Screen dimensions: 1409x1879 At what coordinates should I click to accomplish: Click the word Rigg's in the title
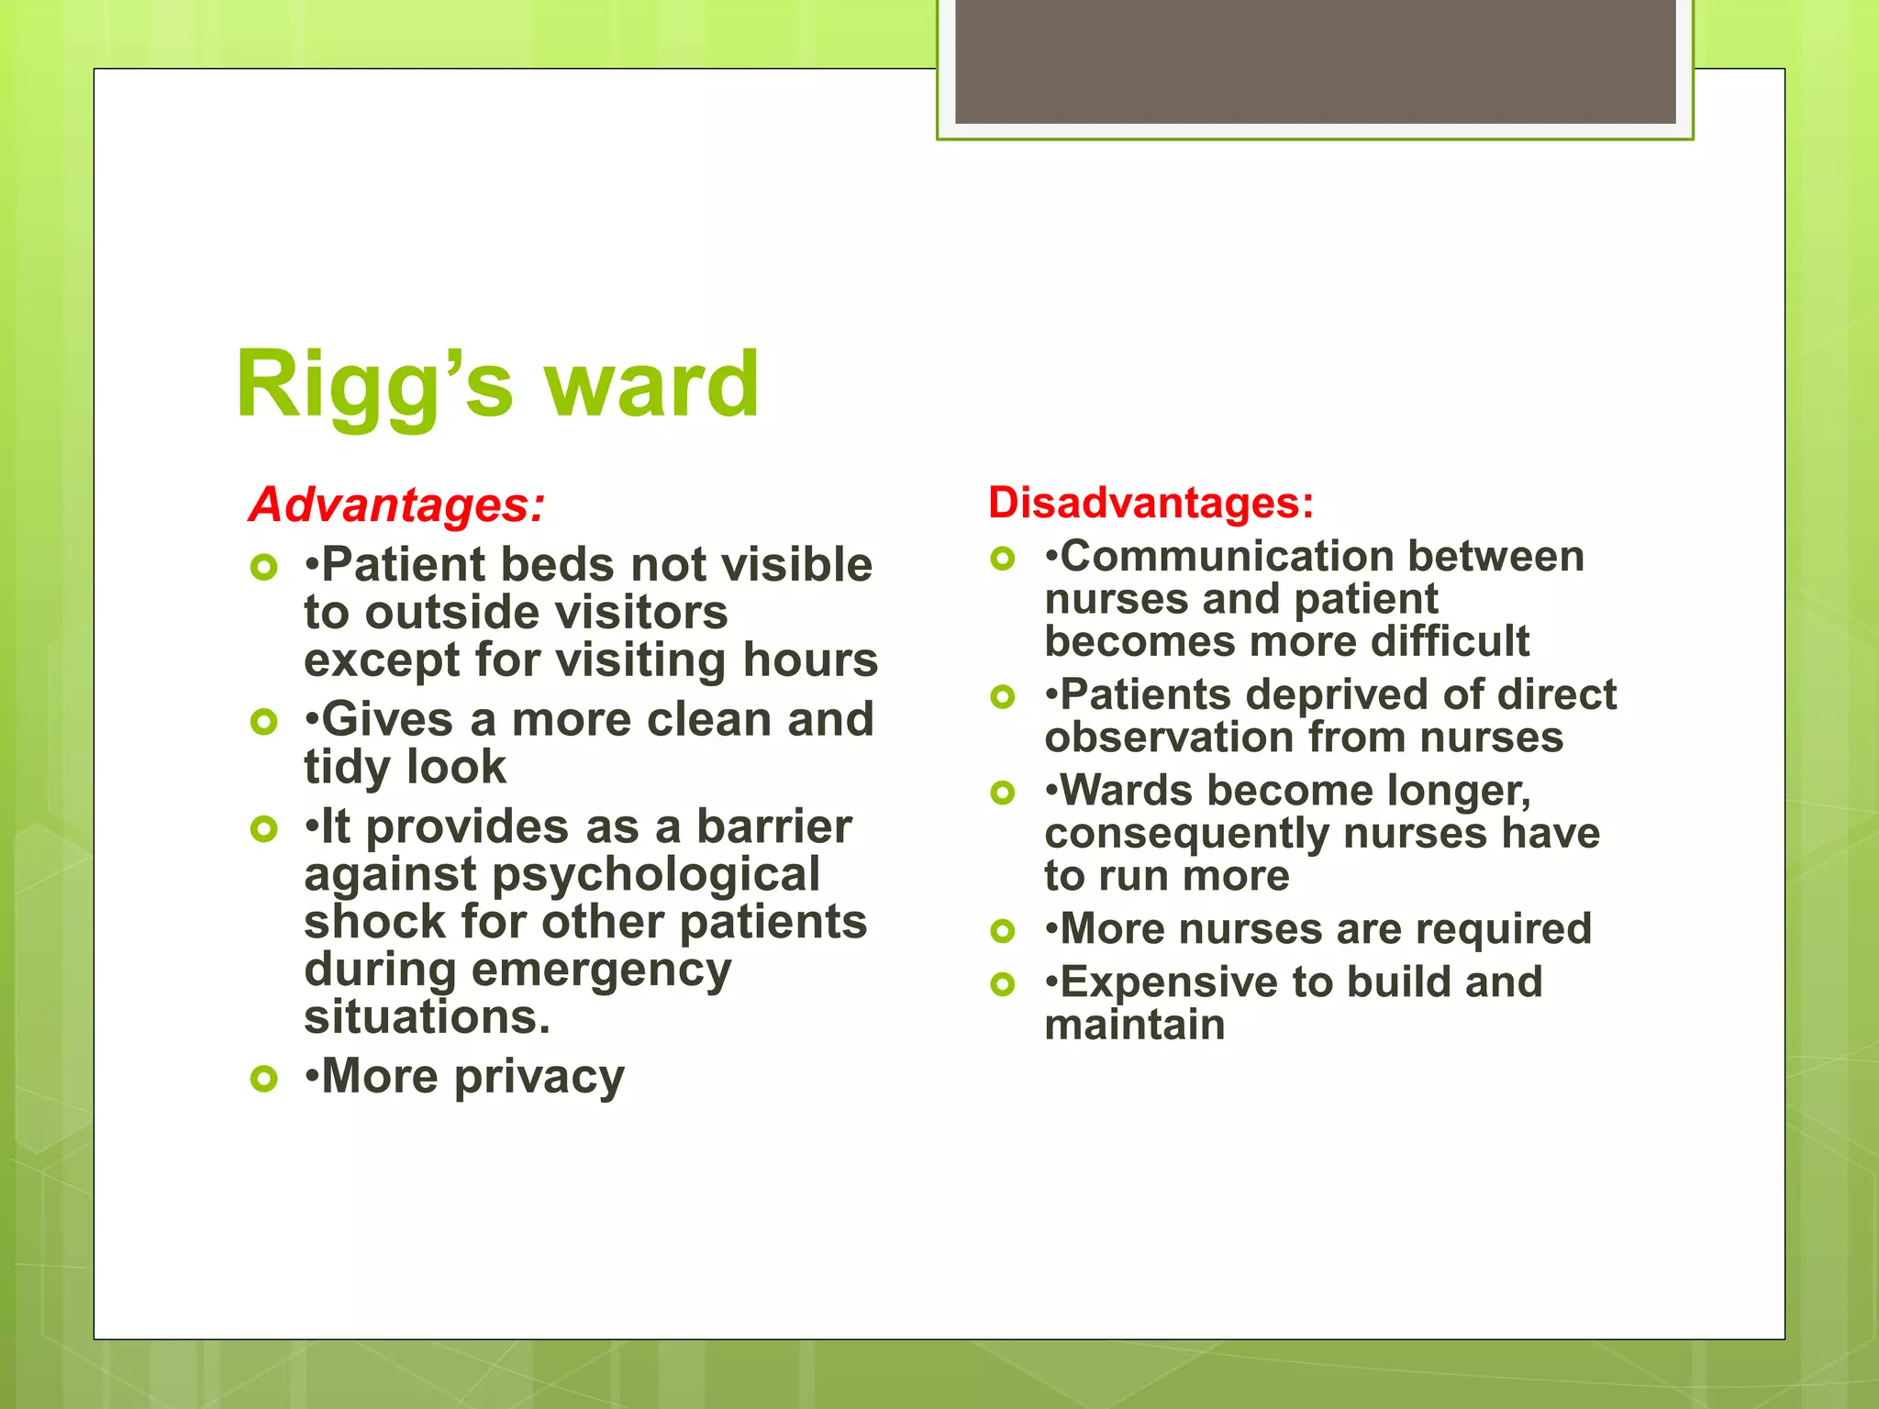click(373, 385)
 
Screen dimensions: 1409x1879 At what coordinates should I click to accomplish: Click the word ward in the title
click(652, 385)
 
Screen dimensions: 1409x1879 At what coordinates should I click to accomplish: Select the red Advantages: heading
click(397, 505)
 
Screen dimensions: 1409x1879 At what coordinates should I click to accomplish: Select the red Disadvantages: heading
click(1151, 503)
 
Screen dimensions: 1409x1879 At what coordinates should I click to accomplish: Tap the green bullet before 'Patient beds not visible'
click(263, 568)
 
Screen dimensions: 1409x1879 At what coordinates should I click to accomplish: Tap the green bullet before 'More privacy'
click(263, 1079)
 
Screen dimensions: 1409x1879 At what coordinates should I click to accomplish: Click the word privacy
click(539, 1077)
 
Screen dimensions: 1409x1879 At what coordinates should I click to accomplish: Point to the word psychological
click(656, 875)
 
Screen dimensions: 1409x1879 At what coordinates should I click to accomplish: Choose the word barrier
click(774, 827)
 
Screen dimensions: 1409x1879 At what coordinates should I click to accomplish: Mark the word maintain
click(1135, 1026)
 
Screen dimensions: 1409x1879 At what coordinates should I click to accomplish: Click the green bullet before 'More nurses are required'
click(1003, 932)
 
